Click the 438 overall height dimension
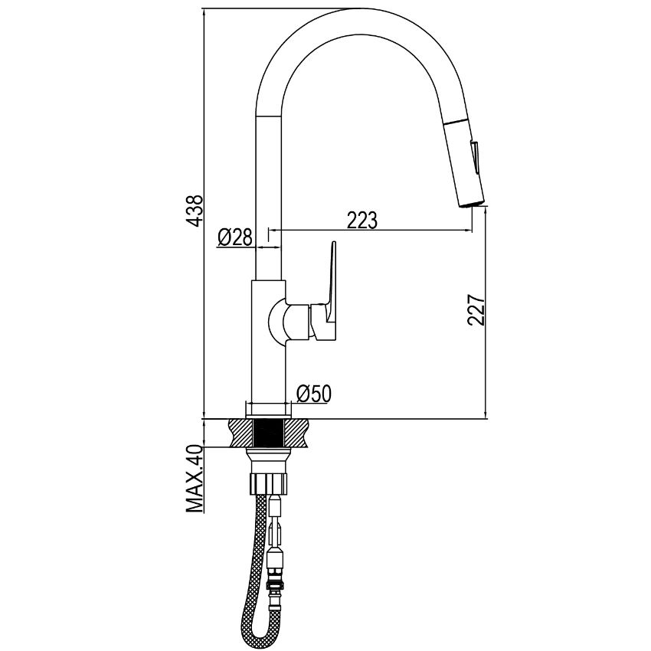(x=195, y=210)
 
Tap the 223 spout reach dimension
(x=362, y=220)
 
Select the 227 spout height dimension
(x=476, y=310)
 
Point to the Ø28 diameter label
(x=234, y=238)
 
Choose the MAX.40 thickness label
(x=194, y=479)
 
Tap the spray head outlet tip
(x=471, y=204)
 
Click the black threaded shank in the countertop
(x=270, y=433)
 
